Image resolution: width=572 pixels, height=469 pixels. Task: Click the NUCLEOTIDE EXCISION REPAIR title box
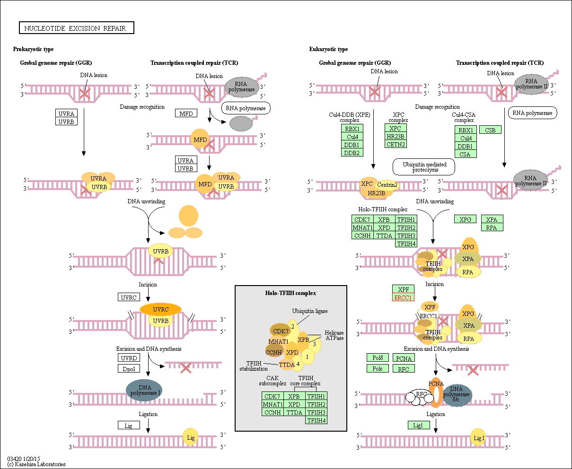pos(76,28)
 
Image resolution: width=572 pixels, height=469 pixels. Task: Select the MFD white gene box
pos(186,113)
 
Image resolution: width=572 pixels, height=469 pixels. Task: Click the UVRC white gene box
pos(129,297)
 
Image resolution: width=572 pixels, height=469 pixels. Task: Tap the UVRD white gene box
pos(129,358)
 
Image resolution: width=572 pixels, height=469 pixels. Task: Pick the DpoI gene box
pos(129,369)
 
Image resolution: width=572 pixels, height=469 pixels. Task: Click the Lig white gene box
pos(129,426)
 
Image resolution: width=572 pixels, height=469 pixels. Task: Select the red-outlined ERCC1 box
pos(403,297)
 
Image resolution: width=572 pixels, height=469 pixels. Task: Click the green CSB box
pos(490,130)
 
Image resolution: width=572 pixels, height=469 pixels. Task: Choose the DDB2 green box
pos(352,153)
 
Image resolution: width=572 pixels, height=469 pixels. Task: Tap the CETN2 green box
pos(396,144)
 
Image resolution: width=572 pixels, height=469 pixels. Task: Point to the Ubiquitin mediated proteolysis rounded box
pos(423,167)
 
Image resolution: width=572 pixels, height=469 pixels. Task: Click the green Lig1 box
pos(419,425)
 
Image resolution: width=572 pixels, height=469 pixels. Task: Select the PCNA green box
pos(404,358)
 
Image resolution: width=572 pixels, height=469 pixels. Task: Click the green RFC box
pos(404,369)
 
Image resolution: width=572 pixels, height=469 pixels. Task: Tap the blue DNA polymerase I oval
pos(144,390)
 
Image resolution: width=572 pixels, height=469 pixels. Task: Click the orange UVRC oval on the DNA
pos(161,309)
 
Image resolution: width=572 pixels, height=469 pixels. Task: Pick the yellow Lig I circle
pos(478,438)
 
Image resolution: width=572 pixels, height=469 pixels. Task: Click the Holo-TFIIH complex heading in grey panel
pos(290,293)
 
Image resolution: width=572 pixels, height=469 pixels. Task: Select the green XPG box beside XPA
pos(466,219)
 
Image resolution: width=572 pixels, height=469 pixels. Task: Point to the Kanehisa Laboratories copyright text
pos(36,464)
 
